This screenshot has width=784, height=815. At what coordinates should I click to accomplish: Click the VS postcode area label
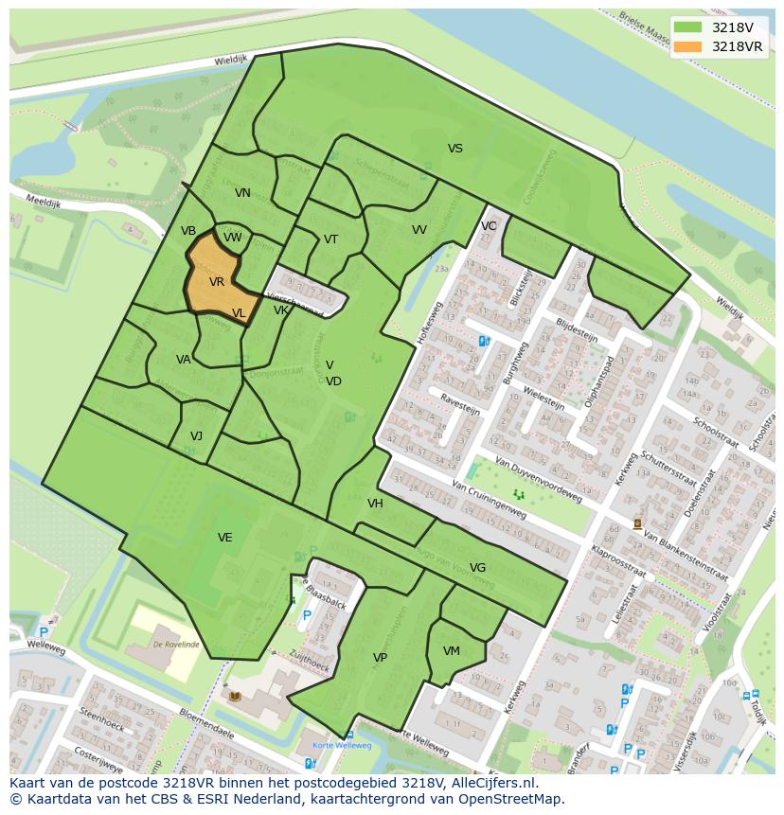click(455, 149)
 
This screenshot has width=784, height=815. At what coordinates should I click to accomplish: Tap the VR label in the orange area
click(217, 282)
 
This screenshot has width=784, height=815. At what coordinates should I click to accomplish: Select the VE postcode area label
click(225, 538)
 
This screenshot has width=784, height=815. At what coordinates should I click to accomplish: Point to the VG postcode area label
click(477, 568)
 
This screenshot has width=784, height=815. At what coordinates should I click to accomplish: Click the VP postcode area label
click(380, 658)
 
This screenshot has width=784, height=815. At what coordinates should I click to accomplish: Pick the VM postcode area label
click(451, 651)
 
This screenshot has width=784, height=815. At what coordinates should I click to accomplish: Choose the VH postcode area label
click(375, 504)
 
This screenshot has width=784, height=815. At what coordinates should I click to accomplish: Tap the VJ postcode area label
click(196, 436)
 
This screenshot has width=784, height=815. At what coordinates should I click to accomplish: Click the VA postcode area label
click(184, 360)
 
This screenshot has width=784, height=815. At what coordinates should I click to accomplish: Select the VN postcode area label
click(242, 193)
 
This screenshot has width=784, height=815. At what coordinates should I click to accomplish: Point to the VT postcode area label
click(330, 239)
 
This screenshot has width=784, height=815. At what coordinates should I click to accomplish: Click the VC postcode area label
click(489, 226)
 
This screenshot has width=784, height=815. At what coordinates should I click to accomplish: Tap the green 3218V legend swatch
click(688, 27)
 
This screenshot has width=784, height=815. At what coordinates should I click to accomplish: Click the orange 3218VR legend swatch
click(688, 46)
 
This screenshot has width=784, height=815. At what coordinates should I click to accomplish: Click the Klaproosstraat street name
click(618, 560)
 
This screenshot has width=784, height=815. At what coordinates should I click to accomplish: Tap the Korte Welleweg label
click(344, 746)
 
